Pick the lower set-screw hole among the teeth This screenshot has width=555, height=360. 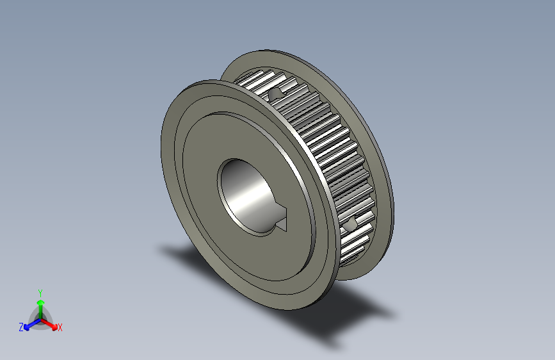click(x=350, y=225)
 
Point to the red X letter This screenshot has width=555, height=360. click(x=60, y=327)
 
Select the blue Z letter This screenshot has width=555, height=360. click(x=21, y=327)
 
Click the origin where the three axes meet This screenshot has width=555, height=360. click(x=40, y=318)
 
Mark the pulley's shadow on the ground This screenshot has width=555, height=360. click(x=346, y=314)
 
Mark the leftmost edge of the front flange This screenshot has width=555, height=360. click(x=161, y=141)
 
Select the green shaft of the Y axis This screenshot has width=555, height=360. click(x=40, y=310)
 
